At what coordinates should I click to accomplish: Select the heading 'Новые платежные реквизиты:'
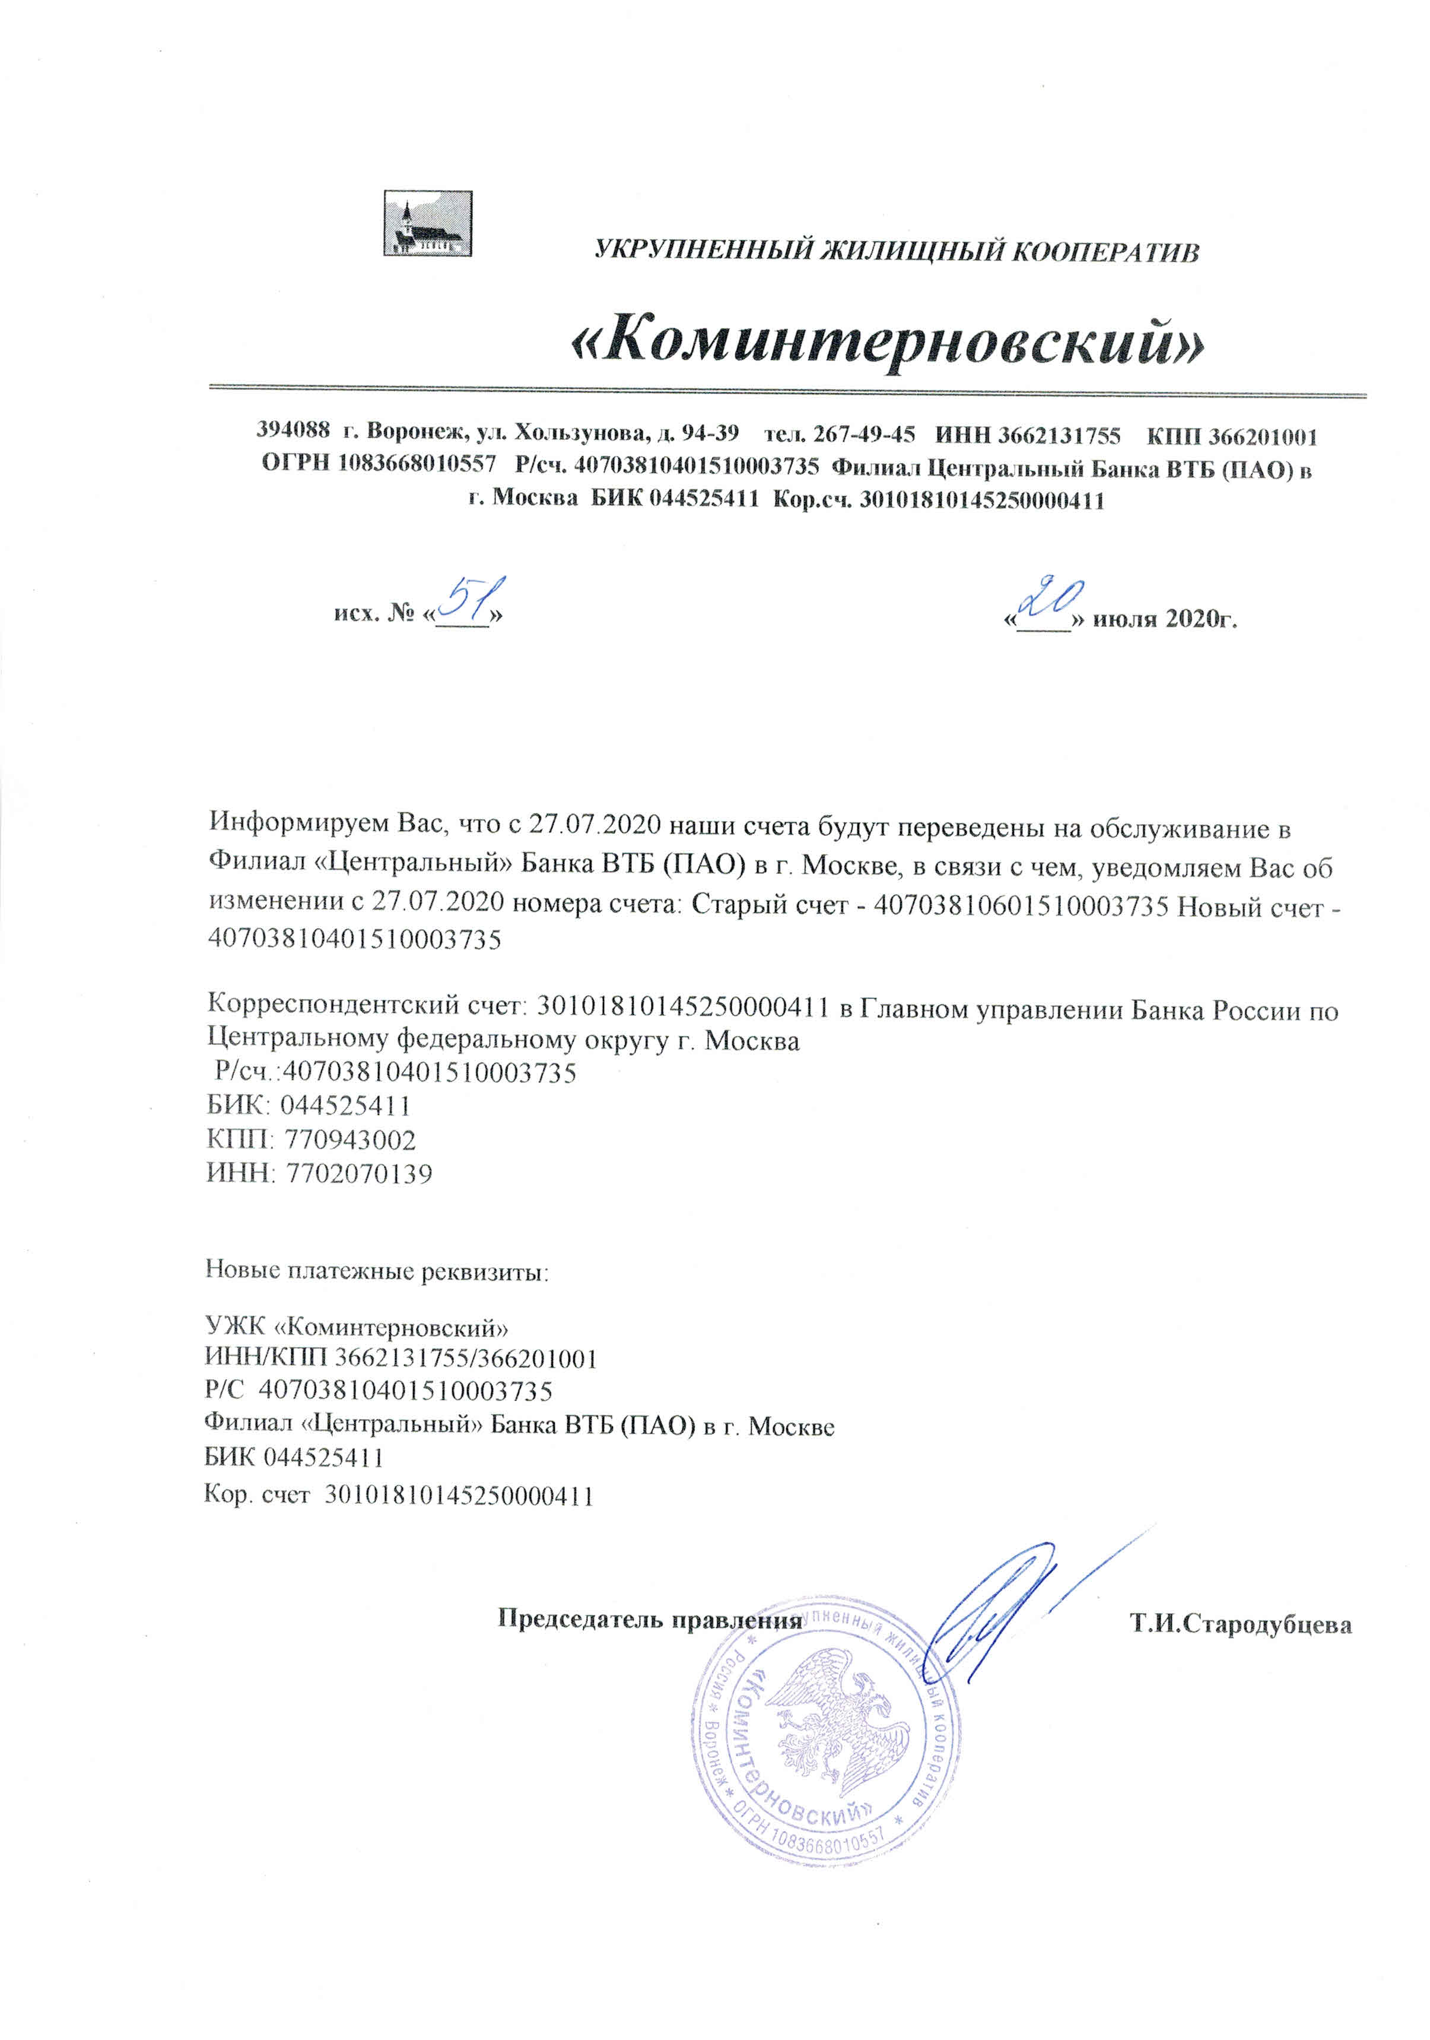377,1271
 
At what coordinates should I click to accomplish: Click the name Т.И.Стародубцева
1240,1625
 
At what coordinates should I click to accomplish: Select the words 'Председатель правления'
649,1619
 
